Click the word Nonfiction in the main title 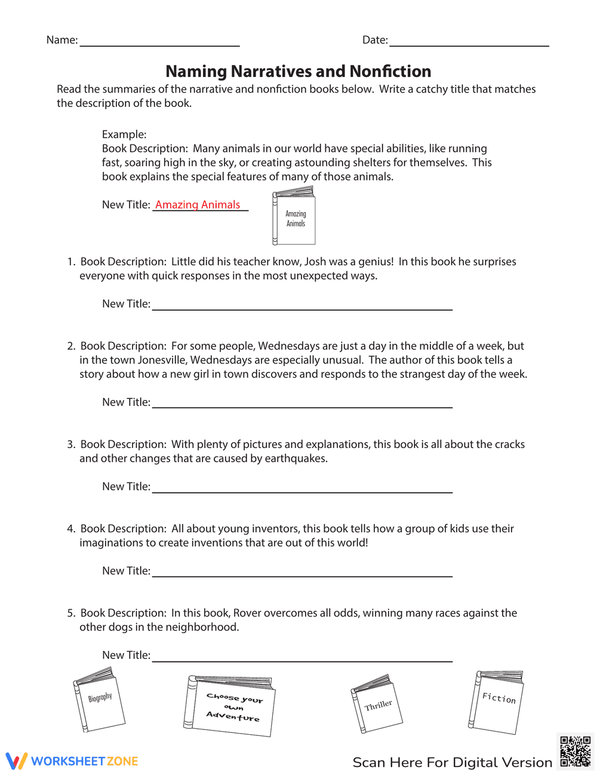(x=390, y=72)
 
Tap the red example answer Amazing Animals (x=198, y=205)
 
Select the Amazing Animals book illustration (x=294, y=216)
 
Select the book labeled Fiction (x=497, y=701)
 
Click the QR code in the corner (x=575, y=751)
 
